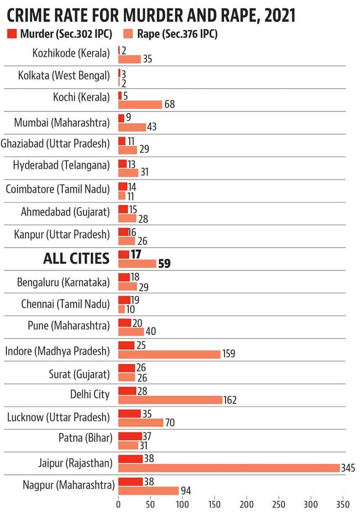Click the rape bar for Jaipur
click(229, 468)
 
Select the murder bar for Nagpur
click(130, 482)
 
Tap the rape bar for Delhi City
click(170, 400)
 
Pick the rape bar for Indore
click(169, 354)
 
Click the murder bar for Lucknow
click(130, 413)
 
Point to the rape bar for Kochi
click(140, 104)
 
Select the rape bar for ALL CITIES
click(137, 263)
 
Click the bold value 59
click(164, 264)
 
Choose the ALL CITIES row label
click(76, 258)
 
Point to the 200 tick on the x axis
click(247, 504)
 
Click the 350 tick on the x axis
click(343, 504)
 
